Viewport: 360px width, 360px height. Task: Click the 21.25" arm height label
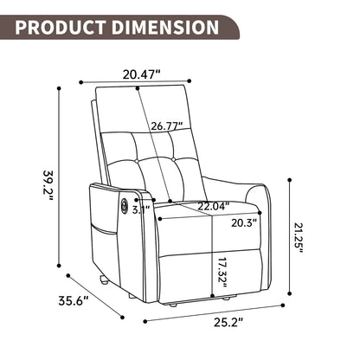[x=299, y=236]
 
